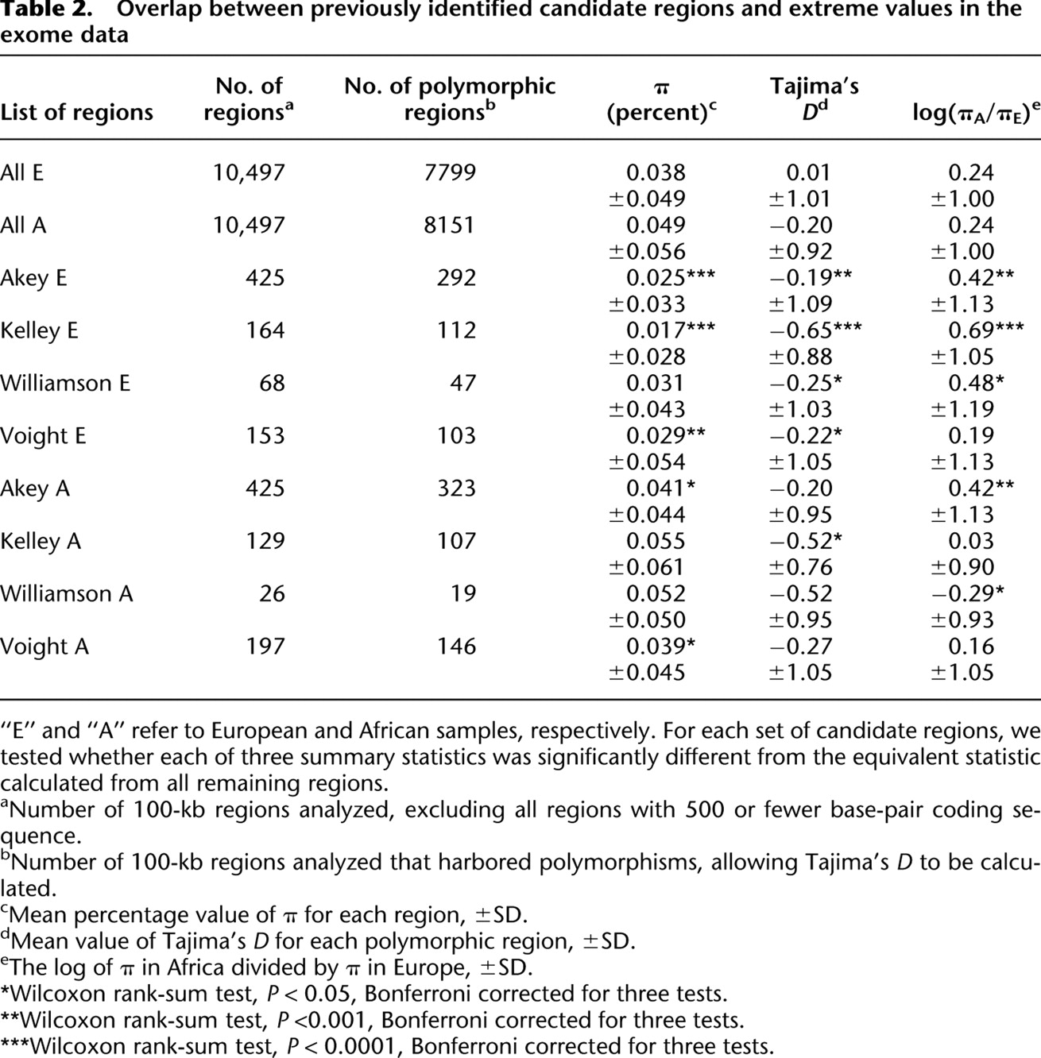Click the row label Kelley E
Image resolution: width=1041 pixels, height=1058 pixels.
click(x=39, y=330)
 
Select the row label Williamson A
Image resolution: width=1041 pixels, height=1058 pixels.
click(x=67, y=594)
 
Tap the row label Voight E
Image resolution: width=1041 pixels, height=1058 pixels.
click(x=43, y=436)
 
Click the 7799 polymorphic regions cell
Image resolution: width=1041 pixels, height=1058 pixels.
click(x=451, y=172)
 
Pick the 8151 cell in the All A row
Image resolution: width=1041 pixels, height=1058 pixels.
click(x=451, y=225)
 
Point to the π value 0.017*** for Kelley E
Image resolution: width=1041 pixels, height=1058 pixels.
click(x=670, y=330)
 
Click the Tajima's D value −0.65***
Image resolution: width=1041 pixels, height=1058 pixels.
click(x=814, y=330)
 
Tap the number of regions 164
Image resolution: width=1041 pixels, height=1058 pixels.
click(x=265, y=330)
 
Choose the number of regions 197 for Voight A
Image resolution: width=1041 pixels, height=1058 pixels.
click(x=265, y=647)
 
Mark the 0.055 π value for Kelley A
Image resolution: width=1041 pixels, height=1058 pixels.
click(x=656, y=541)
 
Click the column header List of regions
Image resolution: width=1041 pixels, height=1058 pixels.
click(x=77, y=112)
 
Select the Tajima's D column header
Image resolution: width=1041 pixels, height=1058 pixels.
click(x=814, y=98)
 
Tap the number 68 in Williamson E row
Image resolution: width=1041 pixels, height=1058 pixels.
click(x=272, y=383)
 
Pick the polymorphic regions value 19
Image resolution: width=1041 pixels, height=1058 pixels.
click(x=463, y=594)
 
